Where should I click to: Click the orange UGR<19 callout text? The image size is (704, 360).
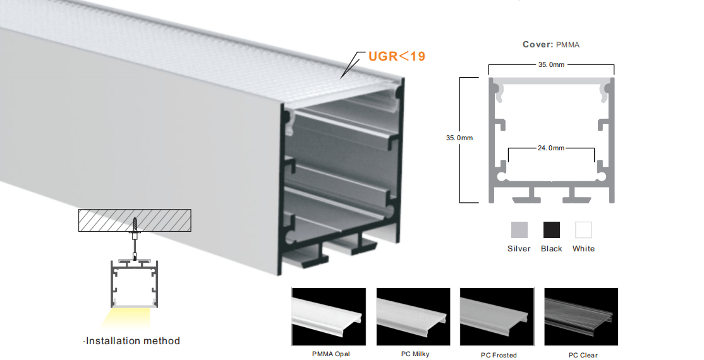(x=396, y=56)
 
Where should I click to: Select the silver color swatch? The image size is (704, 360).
(x=519, y=230)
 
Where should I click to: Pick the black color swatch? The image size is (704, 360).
(x=551, y=230)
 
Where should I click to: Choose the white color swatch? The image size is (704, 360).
(x=583, y=230)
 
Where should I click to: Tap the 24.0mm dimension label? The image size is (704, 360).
(x=551, y=148)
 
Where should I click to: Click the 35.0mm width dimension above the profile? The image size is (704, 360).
(x=551, y=64)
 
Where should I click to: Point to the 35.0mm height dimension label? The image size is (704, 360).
(x=459, y=138)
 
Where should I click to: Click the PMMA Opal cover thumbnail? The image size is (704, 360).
(x=329, y=317)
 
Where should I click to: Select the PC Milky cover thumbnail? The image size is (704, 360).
(x=413, y=317)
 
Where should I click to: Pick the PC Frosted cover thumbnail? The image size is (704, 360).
(x=497, y=317)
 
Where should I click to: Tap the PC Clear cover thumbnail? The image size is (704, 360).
(x=581, y=317)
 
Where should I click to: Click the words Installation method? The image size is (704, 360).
(x=133, y=340)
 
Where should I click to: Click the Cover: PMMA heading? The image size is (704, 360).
(x=551, y=44)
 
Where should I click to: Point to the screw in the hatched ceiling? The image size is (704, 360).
(x=135, y=224)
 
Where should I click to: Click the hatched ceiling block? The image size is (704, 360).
(x=135, y=220)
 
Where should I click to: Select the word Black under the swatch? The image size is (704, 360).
(x=551, y=249)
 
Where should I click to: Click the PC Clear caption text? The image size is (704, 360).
(x=583, y=355)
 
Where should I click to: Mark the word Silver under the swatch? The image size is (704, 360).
(x=519, y=249)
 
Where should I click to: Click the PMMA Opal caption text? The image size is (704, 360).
(x=331, y=354)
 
